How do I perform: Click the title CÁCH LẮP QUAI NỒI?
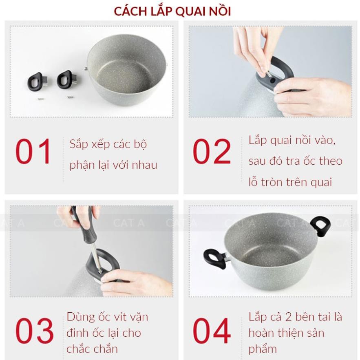[172, 11]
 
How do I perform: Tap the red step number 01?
[33, 151]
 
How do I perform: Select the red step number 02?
[212, 151]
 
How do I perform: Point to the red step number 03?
[34, 330]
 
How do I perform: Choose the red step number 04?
[212, 330]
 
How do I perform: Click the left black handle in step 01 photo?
[37, 82]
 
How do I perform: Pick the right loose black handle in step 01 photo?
[66, 80]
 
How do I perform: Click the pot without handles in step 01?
[126, 70]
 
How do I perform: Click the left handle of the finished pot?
[215, 259]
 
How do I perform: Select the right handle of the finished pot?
[320, 226]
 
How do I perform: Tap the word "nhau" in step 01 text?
[144, 165]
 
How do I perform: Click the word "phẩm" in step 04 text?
[263, 349]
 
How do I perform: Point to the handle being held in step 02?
[275, 75]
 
